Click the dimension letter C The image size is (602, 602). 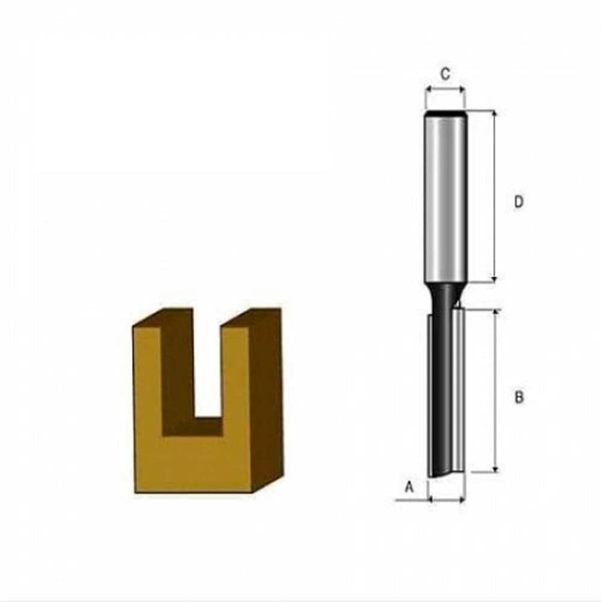click(445, 74)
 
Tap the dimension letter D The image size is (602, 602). click(518, 202)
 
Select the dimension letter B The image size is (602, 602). click(519, 397)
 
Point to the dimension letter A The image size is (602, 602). click(410, 486)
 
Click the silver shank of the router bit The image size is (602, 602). click(445, 199)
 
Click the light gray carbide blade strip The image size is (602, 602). click(461, 391)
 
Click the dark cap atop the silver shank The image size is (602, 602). click(445, 113)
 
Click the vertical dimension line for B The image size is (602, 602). click(495, 391)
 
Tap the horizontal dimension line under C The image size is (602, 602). click(445, 90)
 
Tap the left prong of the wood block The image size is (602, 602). click(148, 373)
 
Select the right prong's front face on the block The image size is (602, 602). click(235, 373)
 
